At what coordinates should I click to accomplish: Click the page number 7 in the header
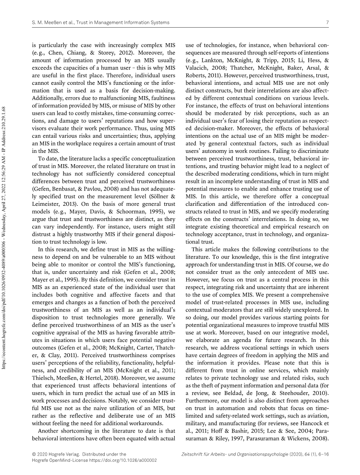click(x=328, y=23)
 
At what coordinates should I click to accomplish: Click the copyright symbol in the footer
click(x=33, y=454)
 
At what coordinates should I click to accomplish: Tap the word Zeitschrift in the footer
click(x=194, y=454)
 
